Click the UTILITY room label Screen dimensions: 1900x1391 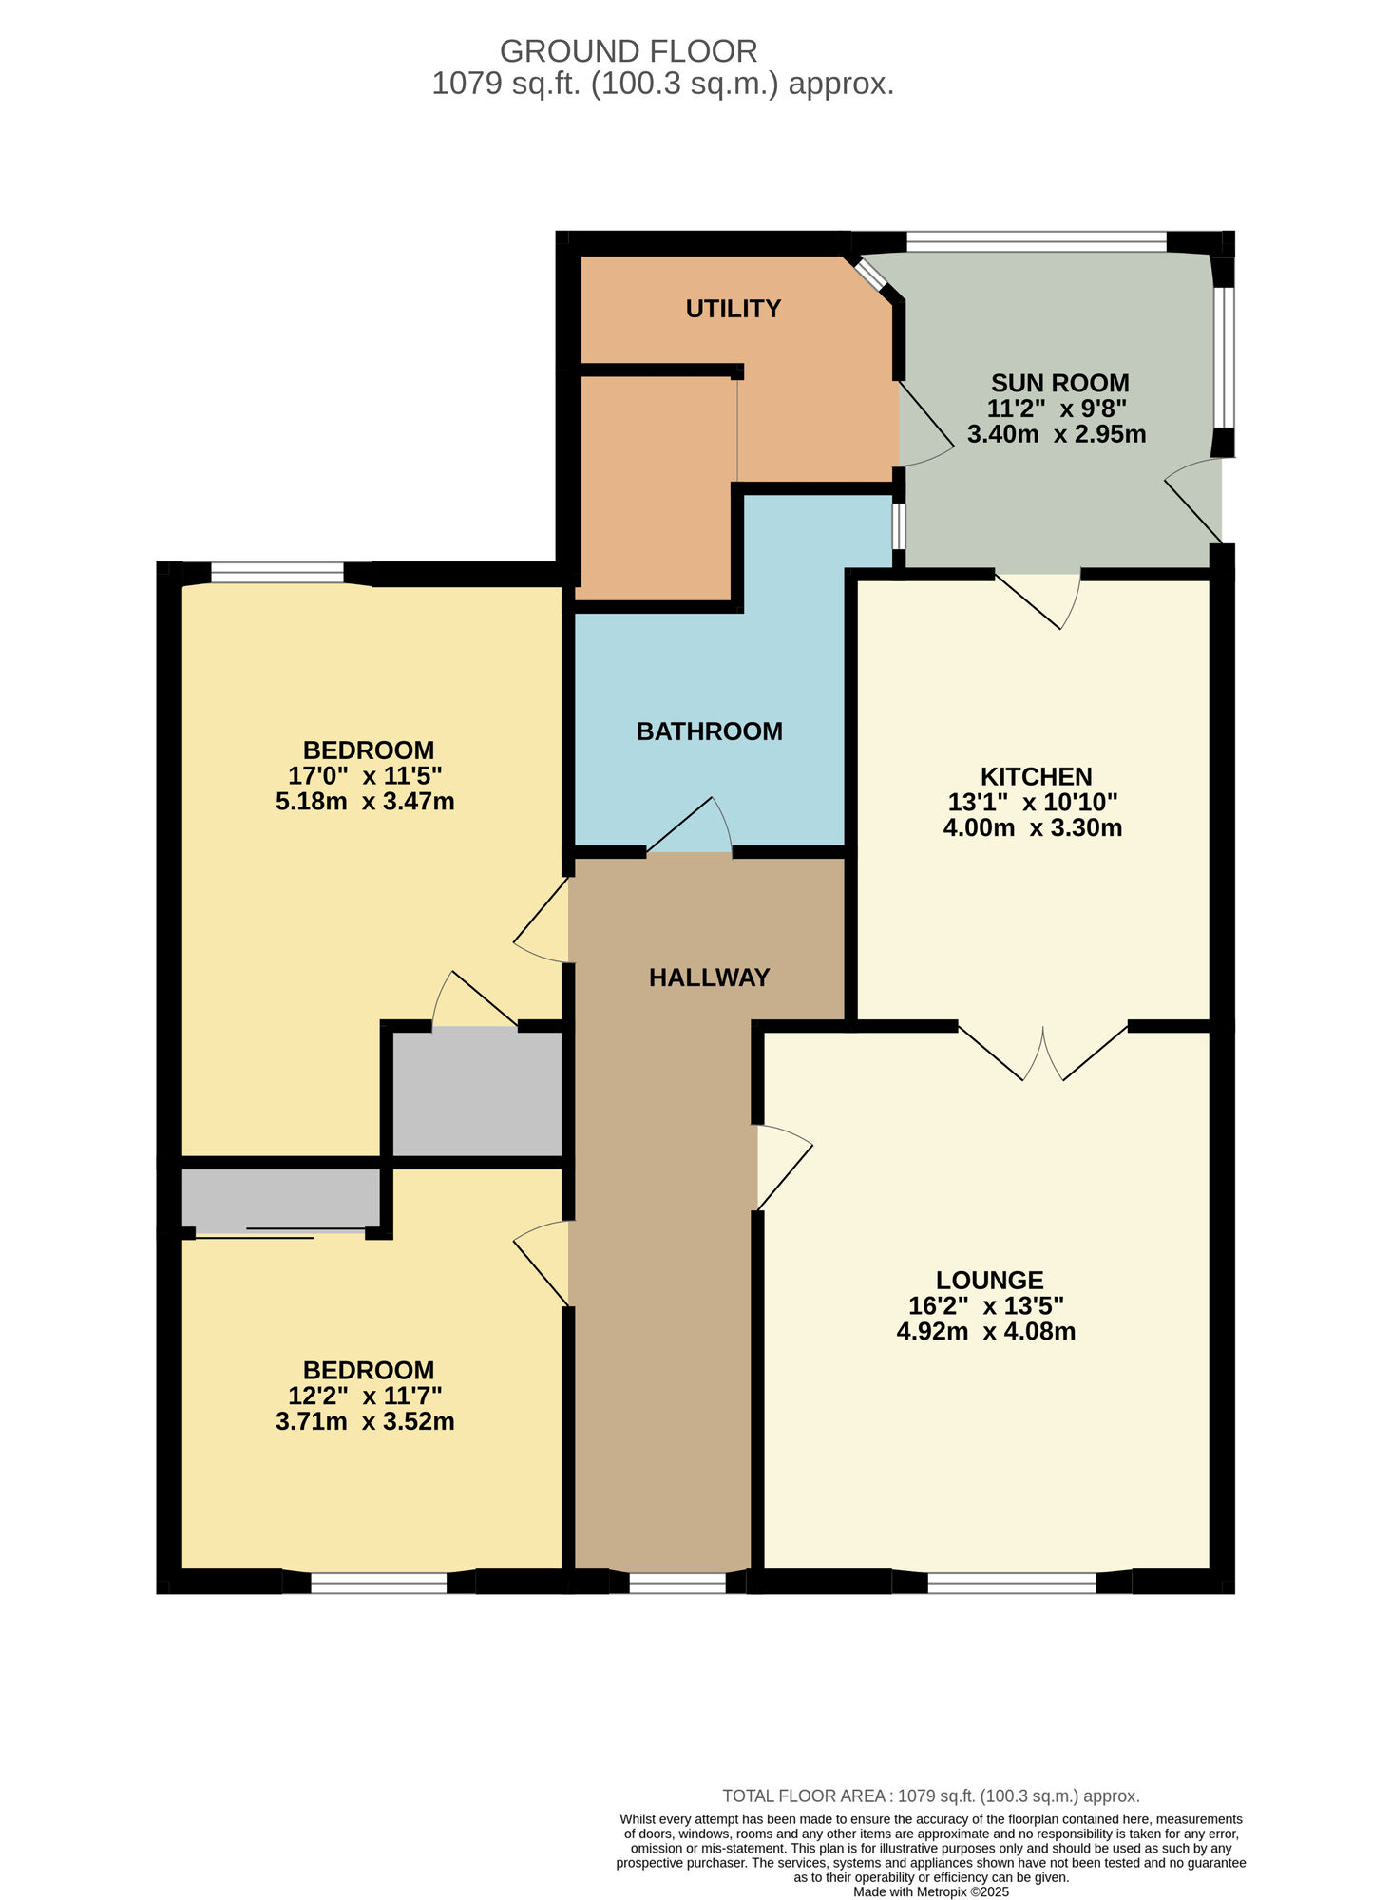pos(733,309)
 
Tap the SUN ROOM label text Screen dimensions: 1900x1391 pos(1059,384)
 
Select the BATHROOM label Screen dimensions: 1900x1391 pos(709,731)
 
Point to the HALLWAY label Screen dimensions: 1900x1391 pos(709,978)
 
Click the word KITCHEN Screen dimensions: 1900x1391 pos(1036,776)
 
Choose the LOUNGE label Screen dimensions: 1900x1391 pos(989,1281)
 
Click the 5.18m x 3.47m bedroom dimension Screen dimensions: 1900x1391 pos(365,802)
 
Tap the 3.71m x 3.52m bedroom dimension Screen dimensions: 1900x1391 pos(365,1422)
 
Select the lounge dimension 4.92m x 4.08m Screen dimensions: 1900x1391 pos(985,1332)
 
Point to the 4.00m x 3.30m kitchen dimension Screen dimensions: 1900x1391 pos(1032,828)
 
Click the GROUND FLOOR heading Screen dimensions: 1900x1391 pos(628,50)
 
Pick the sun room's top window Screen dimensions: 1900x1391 pos(1036,243)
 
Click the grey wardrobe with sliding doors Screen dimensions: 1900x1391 pos(280,1199)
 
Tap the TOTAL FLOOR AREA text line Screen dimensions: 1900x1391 pos(930,1796)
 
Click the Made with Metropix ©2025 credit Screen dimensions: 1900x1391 pos(930,1891)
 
